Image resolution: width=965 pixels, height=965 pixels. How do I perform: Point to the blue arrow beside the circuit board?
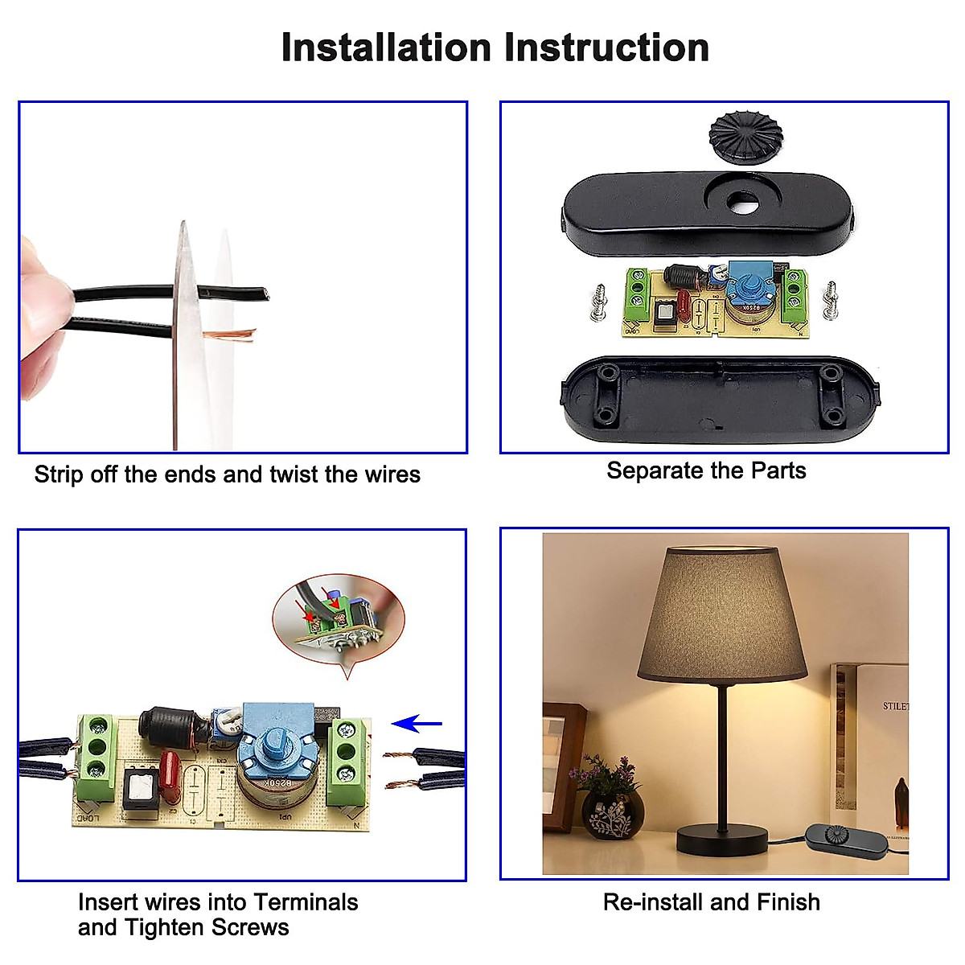coord(417,724)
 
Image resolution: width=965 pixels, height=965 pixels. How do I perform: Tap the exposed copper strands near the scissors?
coord(230,335)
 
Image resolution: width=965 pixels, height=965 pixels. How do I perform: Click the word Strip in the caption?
coord(58,474)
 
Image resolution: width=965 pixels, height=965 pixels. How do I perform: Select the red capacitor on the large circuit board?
coord(172,774)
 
